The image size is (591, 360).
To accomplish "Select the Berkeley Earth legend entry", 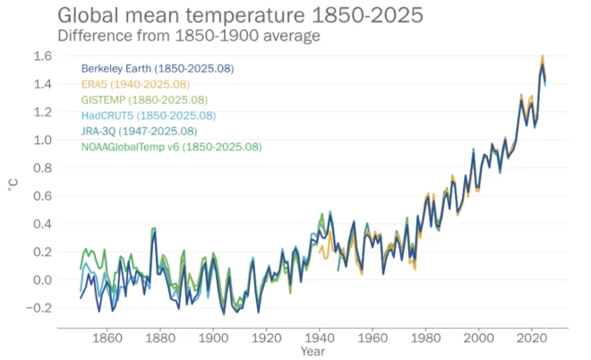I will (158, 68).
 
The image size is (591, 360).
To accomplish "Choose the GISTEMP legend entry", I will (144, 99).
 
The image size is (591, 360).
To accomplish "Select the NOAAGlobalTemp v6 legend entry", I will (171, 147).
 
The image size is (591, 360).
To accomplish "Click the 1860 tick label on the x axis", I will (107, 339).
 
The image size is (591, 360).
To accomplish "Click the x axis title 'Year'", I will (313, 352).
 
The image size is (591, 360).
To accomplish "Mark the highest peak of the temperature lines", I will (542, 57).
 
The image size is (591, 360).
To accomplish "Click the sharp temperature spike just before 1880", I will (154, 229).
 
